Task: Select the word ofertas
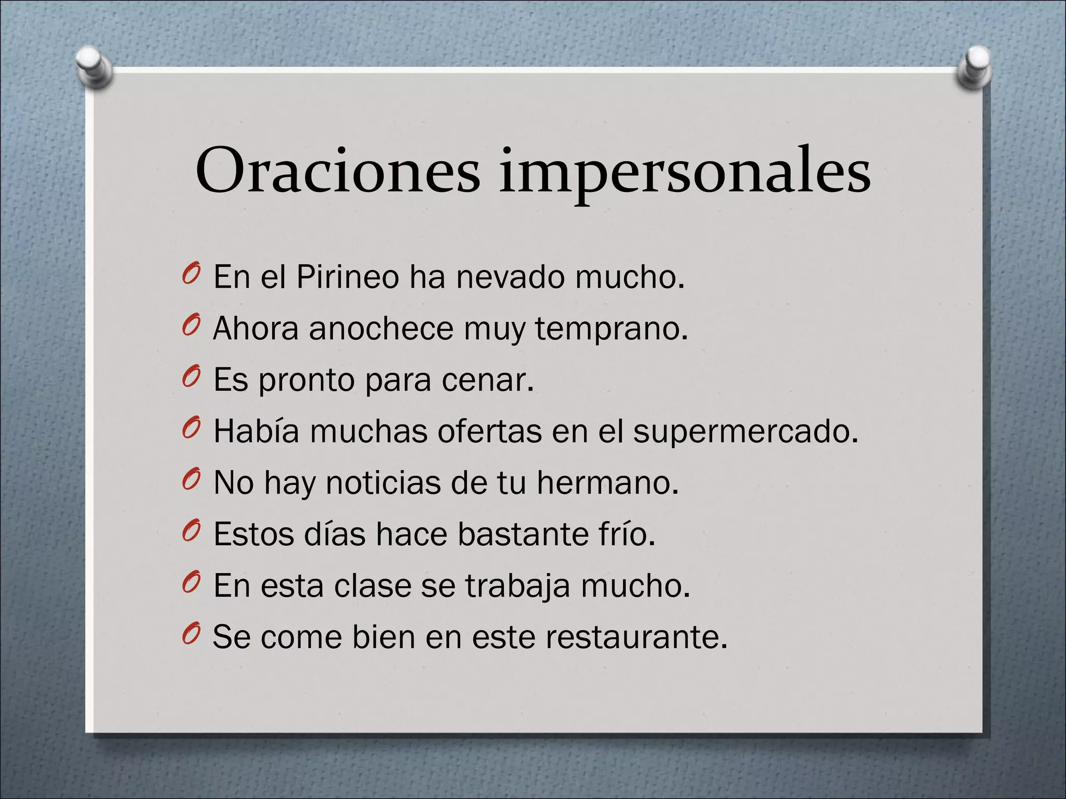pos(489,431)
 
